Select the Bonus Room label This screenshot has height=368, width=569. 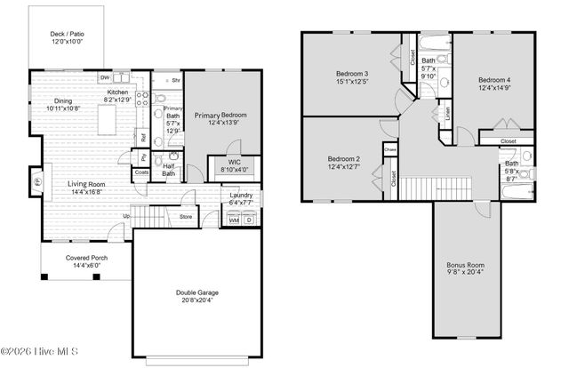point(467,264)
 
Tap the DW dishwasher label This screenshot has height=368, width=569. point(104,78)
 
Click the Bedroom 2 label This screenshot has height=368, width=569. point(342,158)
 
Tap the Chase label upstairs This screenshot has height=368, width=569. point(389,150)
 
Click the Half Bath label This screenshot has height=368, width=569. point(168,168)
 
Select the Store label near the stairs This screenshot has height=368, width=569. point(185,216)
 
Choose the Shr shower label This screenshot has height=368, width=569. point(176,79)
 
